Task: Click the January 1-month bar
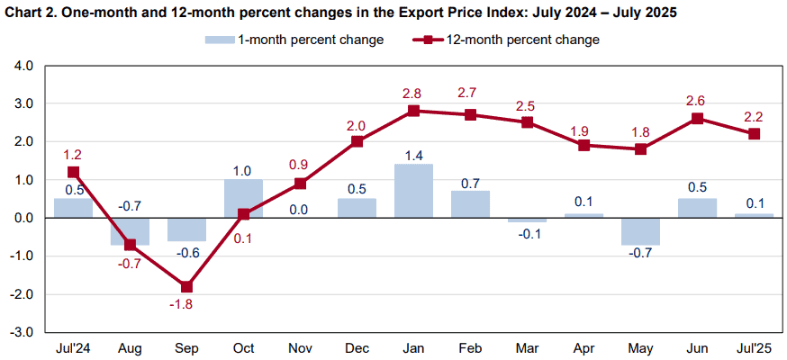click(x=413, y=191)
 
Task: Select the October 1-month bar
click(x=243, y=199)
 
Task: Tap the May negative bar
click(x=640, y=231)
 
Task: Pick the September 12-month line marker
click(x=186, y=287)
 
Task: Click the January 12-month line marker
click(x=413, y=111)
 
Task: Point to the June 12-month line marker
click(x=697, y=118)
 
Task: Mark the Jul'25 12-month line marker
click(x=754, y=134)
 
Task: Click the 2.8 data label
click(x=413, y=94)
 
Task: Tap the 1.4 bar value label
click(x=413, y=155)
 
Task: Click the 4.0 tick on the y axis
click(x=24, y=66)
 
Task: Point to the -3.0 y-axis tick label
click(x=23, y=333)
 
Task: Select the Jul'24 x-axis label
click(x=73, y=348)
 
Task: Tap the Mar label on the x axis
click(x=527, y=348)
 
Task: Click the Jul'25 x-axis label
click(x=754, y=348)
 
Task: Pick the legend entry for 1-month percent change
click(x=294, y=40)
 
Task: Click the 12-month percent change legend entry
click(x=505, y=40)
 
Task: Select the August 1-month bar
click(x=130, y=231)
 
